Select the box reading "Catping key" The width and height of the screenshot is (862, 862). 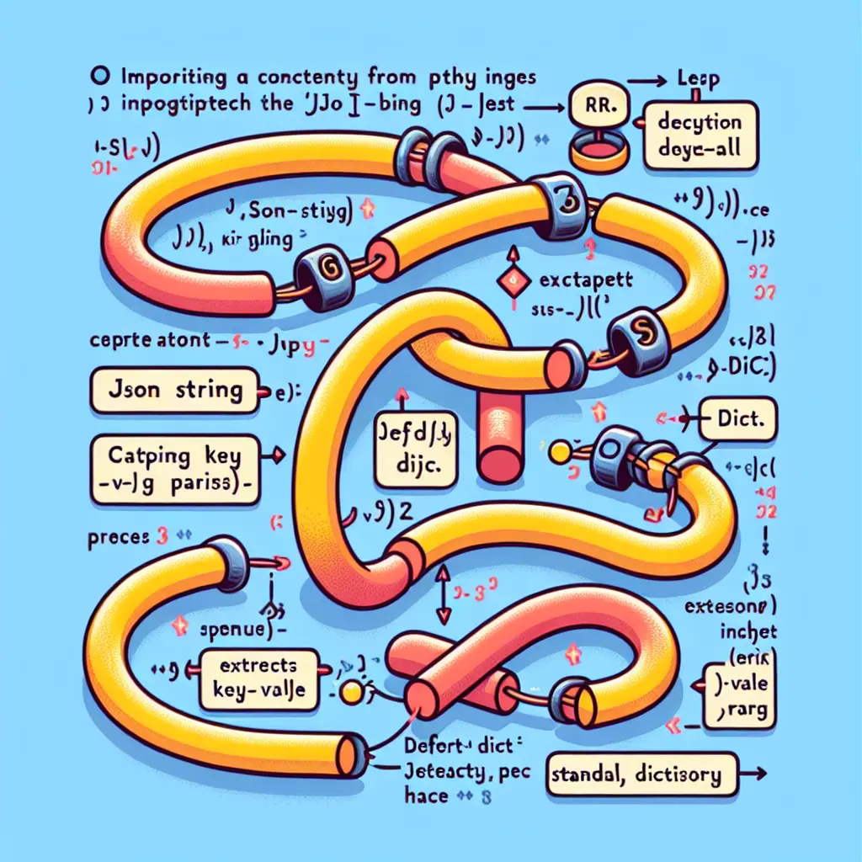click(173, 467)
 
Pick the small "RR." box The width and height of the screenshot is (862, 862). click(597, 105)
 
